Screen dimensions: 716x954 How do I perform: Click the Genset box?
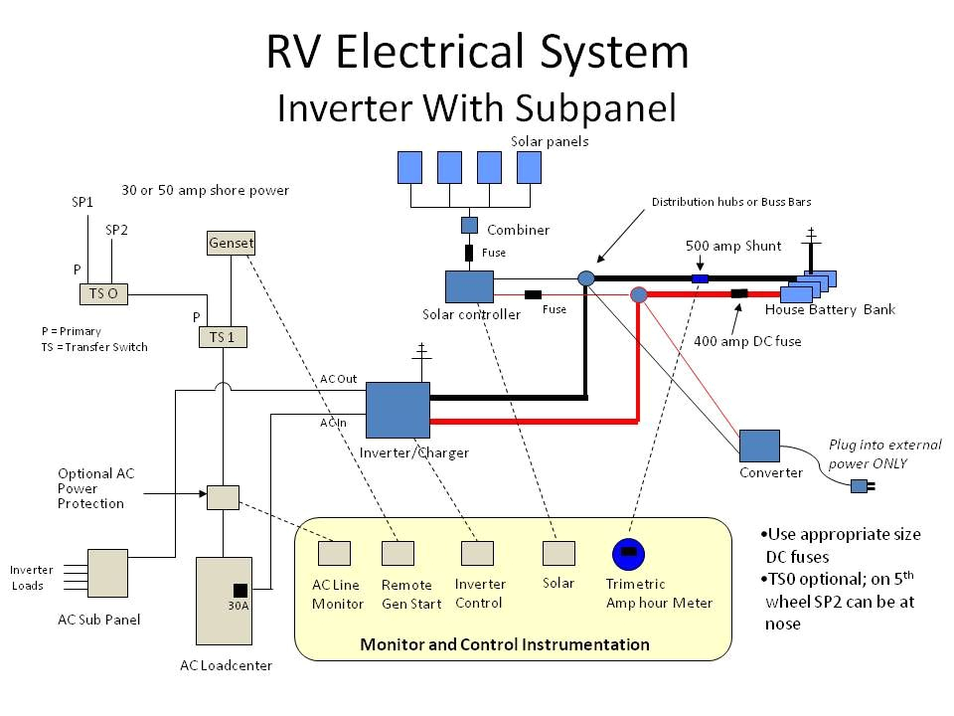(x=231, y=242)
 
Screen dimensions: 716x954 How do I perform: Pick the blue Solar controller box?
(x=469, y=286)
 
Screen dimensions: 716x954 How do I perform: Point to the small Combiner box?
(x=469, y=225)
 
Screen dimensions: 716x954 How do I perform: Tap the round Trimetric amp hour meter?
(x=627, y=553)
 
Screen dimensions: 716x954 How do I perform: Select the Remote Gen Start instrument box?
(x=397, y=553)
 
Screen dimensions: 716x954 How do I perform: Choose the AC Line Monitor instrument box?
(x=334, y=553)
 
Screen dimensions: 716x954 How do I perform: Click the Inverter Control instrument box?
(x=477, y=553)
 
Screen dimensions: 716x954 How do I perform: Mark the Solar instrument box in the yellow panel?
(x=558, y=553)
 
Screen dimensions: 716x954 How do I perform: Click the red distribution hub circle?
(x=639, y=293)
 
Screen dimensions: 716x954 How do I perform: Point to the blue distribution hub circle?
(x=586, y=279)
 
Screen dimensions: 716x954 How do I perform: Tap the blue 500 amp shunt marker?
(x=700, y=279)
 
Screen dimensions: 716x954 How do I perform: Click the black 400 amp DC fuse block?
(x=739, y=293)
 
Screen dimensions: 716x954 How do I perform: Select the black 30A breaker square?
(x=240, y=589)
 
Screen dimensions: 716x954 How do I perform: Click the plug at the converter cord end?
(x=859, y=486)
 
